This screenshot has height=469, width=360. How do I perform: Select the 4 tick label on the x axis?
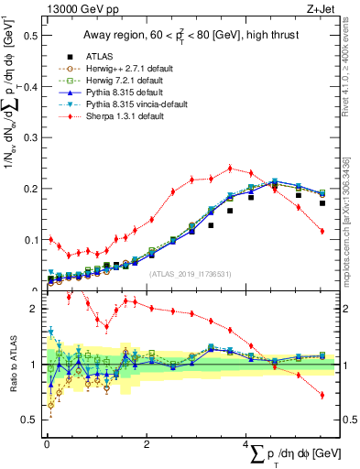247,443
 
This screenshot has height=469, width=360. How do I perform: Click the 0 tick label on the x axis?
47,443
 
